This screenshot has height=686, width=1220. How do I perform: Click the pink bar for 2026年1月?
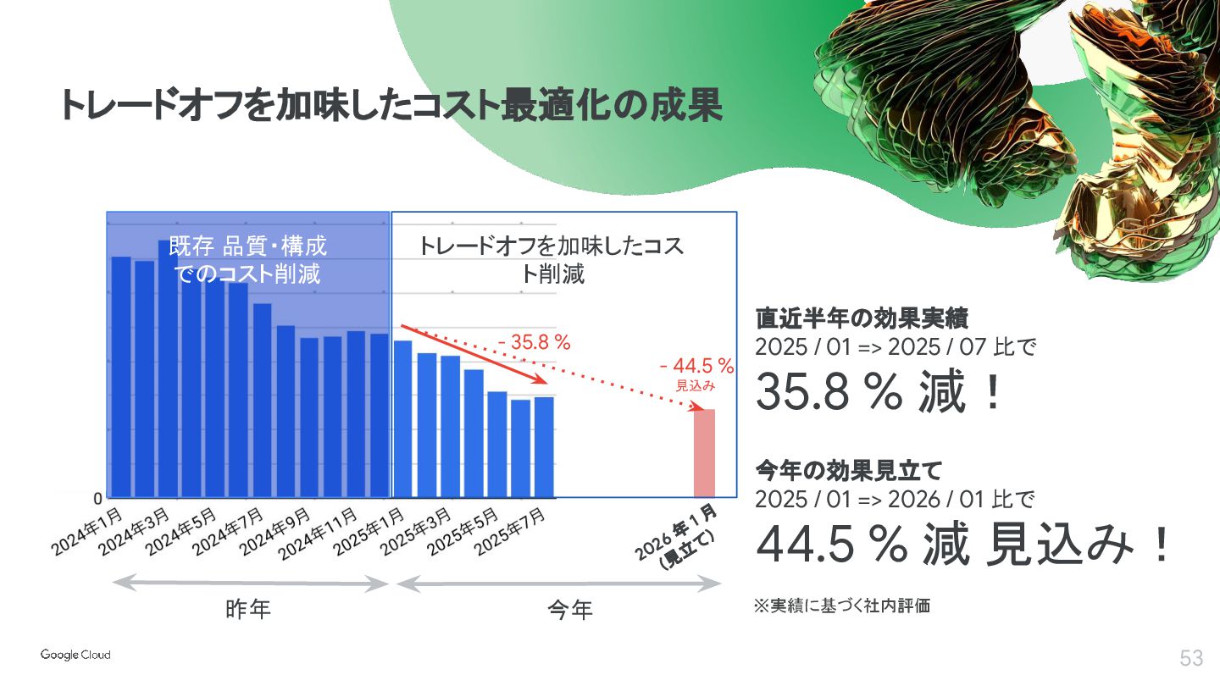point(704,453)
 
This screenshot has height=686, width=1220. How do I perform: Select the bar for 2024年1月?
point(121,377)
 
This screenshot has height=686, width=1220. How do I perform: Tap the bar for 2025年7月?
point(544,446)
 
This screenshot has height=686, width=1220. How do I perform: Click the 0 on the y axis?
point(98,497)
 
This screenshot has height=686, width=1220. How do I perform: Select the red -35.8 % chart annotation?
point(535,343)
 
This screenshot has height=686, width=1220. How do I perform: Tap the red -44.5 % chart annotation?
point(696,366)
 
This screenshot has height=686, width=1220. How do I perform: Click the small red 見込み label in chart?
point(696,385)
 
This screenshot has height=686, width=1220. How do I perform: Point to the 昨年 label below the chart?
point(249,609)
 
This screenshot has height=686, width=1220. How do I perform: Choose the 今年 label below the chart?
point(570,609)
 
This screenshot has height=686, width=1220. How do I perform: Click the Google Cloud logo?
point(75,655)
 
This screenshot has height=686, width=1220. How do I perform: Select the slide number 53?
point(1191,658)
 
